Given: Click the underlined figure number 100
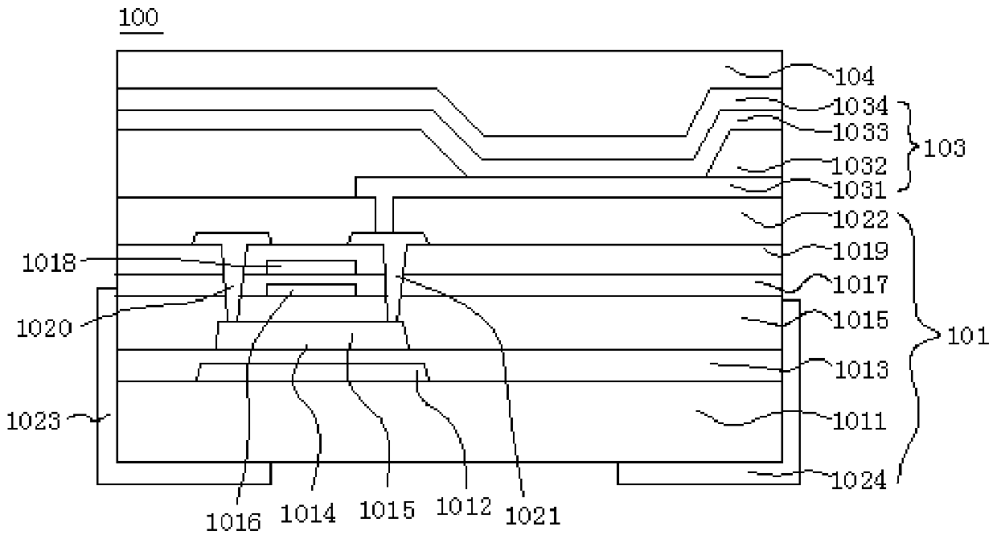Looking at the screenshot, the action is [140, 18].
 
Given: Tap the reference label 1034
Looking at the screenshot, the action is [860, 106].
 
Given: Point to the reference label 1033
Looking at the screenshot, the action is [860, 132].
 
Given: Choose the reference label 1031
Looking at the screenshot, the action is [860, 191].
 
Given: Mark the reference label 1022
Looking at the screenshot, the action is [860, 219].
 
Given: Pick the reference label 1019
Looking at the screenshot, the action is [860, 252].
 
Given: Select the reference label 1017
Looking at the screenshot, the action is [860, 285].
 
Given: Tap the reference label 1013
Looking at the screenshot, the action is [860, 371].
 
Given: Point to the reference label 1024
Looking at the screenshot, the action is [860, 482].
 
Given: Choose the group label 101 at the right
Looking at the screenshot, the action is [969, 336].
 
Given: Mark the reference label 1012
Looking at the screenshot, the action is [462, 507].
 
